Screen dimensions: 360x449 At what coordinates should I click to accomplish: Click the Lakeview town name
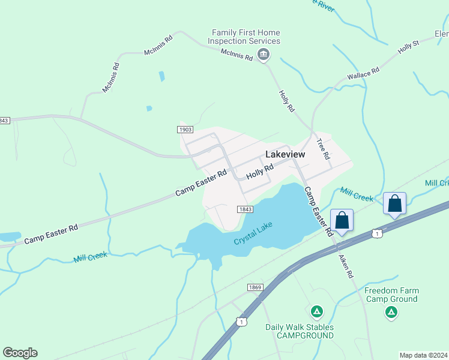[x=285, y=154]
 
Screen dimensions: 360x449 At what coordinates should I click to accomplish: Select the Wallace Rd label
[x=363, y=74]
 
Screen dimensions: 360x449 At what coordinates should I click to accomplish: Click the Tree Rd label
[x=324, y=149]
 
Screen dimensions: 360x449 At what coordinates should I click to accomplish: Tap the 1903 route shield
[x=185, y=130]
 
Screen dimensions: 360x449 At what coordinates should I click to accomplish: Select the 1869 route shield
[x=255, y=288]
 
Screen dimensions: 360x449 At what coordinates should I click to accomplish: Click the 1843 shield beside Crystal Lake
[x=244, y=209]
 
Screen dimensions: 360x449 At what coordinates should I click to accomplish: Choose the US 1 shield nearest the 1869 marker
[x=241, y=322]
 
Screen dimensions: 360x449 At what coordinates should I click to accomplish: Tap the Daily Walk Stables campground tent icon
[x=316, y=312]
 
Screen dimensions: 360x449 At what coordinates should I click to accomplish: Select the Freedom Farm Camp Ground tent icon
[x=391, y=312]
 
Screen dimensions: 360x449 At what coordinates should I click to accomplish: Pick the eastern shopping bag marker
[x=395, y=203]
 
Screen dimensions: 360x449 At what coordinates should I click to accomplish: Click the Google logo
[x=20, y=353]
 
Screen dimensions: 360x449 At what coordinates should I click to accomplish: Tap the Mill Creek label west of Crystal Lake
[x=91, y=257]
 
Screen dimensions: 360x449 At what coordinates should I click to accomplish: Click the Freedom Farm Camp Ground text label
[x=391, y=295]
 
